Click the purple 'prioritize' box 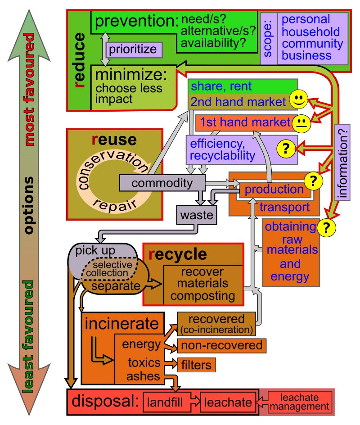(x=133, y=49)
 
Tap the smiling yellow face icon (x=297, y=99)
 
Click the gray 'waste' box (x=196, y=215)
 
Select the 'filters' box (x=197, y=364)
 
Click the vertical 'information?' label (x=343, y=162)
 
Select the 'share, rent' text (x=220, y=86)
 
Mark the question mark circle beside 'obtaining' (x=327, y=228)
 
